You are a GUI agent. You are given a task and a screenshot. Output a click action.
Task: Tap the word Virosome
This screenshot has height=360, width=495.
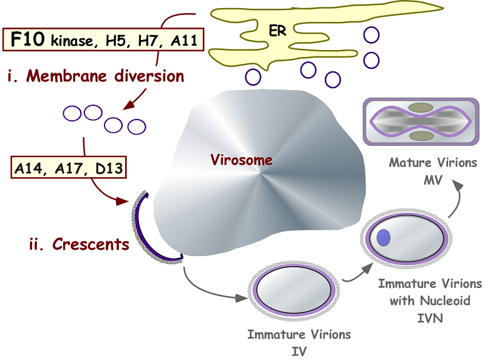[x=242, y=160]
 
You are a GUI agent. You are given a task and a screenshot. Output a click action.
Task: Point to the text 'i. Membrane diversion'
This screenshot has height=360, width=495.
[x=96, y=76]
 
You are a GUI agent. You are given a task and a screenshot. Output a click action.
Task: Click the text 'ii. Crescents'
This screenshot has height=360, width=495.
[x=79, y=244]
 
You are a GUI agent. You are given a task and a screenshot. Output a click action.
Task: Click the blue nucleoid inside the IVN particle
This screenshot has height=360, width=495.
[x=384, y=237]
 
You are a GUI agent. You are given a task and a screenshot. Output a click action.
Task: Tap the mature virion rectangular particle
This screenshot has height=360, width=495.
[x=421, y=122]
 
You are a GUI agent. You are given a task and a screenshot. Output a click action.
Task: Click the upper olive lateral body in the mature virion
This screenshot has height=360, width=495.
[x=421, y=109]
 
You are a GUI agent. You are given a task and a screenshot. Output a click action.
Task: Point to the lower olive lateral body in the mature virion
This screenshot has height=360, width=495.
[x=421, y=136]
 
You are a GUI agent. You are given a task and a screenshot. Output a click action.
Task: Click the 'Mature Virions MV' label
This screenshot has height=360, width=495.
[x=432, y=170]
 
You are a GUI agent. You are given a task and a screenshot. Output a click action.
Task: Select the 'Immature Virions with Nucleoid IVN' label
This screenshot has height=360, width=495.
[x=429, y=301]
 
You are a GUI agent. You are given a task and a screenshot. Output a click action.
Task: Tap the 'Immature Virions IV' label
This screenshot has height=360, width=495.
[x=299, y=342]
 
